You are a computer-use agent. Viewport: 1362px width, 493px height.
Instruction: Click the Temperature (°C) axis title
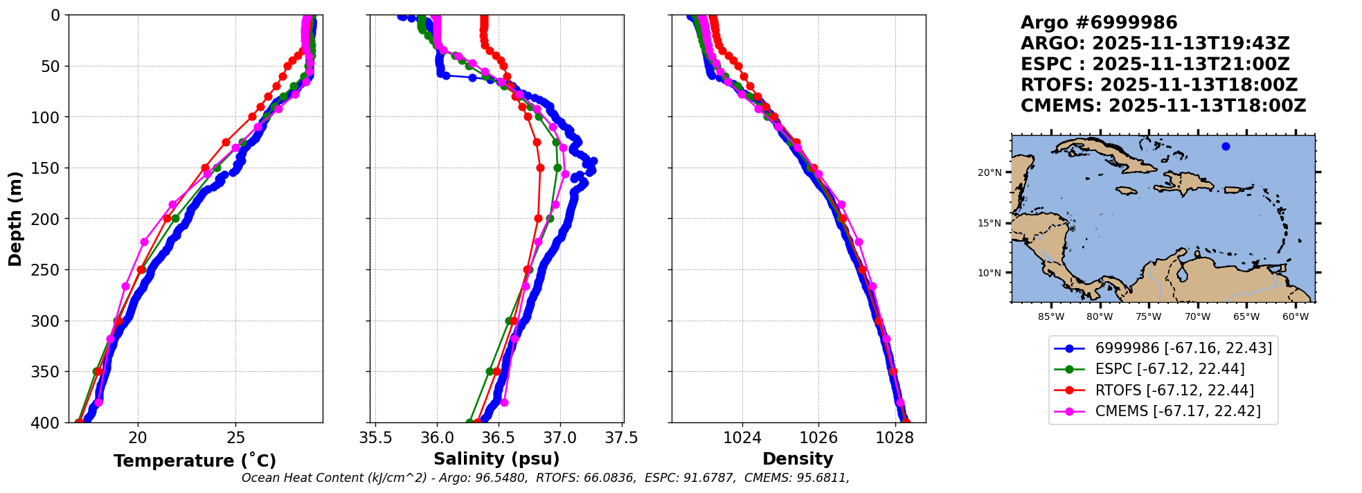point(195,461)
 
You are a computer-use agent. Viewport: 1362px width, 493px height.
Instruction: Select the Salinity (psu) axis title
point(496,459)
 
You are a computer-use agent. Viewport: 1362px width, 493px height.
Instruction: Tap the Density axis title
point(798,459)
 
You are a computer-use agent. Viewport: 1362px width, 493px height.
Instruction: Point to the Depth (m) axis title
point(15,219)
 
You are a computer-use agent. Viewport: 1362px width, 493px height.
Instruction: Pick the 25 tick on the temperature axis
point(235,438)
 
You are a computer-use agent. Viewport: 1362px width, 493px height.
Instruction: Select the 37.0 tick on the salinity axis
point(559,438)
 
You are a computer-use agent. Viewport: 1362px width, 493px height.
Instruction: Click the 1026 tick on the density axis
point(818,438)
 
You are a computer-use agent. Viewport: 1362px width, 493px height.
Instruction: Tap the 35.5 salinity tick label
point(375,438)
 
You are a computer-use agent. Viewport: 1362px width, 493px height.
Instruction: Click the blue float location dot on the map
point(1226,146)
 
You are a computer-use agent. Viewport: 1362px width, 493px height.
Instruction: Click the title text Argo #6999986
point(1099,23)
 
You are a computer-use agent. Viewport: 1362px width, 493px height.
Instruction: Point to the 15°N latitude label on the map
point(989,223)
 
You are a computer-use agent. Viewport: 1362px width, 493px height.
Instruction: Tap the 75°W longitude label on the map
point(1149,317)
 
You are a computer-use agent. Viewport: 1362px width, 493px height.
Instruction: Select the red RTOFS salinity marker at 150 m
point(540,168)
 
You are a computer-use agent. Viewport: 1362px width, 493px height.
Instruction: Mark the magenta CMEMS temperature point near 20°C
point(144,242)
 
